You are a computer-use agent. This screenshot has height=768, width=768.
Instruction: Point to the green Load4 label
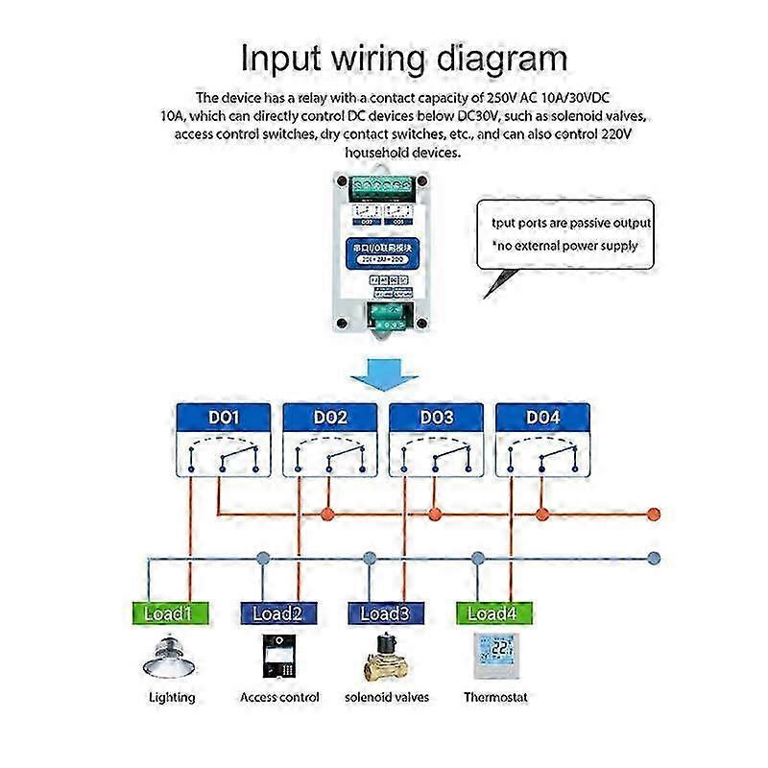(494, 613)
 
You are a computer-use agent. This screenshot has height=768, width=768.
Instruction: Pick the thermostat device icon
(496, 657)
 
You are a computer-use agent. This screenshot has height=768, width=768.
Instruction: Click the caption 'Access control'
(279, 698)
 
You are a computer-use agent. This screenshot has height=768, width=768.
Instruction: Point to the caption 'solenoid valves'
(387, 698)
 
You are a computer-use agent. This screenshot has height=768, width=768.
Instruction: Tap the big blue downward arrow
(382, 372)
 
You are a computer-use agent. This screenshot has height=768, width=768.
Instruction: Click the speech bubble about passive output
(565, 235)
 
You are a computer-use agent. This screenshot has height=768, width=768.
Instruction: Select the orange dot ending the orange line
(655, 514)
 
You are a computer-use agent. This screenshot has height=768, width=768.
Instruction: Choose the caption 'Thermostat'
(496, 698)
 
